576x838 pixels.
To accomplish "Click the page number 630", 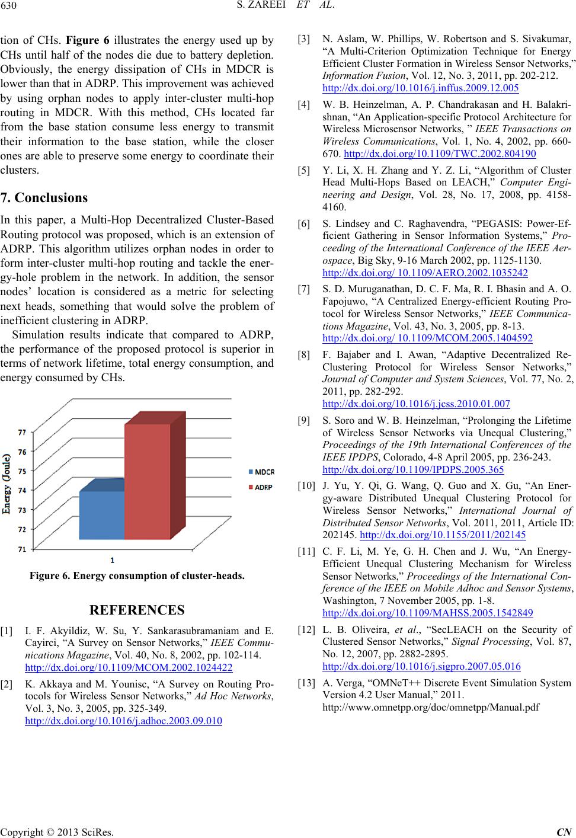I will [x=12, y=8].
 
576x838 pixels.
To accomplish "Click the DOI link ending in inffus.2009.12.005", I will [x=420, y=88].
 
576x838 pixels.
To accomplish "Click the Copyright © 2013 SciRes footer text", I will [x=57, y=831].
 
